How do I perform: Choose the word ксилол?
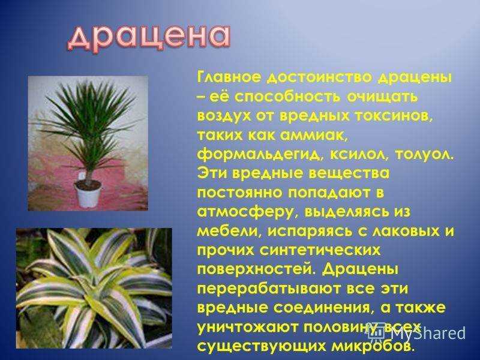click(x=359, y=155)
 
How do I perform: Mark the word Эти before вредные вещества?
click(x=212, y=173)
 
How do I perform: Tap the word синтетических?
click(x=320, y=250)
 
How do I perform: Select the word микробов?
click(x=373, y=346)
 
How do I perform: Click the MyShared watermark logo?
click(x=417, y=332)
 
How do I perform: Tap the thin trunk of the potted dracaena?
click(x=88, y=173)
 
